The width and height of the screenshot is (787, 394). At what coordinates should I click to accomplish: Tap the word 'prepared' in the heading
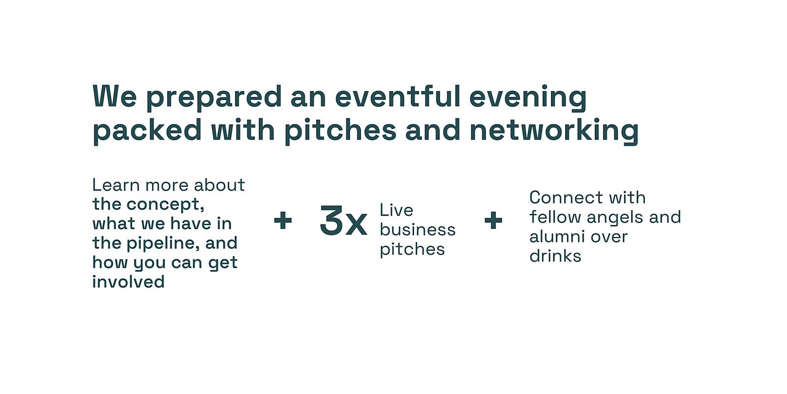[214, 98]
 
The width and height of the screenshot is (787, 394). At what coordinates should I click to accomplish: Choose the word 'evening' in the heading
[528, 98]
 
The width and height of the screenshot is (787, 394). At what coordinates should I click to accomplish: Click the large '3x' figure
[343, 221]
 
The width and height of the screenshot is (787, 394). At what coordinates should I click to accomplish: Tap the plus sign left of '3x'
[283, 220]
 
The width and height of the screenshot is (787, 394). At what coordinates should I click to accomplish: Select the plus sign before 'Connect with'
[493, 220]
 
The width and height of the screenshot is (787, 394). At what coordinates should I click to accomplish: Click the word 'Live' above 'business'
[396, 210]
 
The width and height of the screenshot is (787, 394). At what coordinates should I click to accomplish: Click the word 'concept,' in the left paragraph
[165, 204]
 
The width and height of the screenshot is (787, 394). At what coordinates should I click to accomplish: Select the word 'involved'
[128, 282]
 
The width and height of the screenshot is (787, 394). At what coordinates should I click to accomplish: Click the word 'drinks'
[555, 256]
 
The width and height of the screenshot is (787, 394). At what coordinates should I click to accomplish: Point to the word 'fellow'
[555, 217]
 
